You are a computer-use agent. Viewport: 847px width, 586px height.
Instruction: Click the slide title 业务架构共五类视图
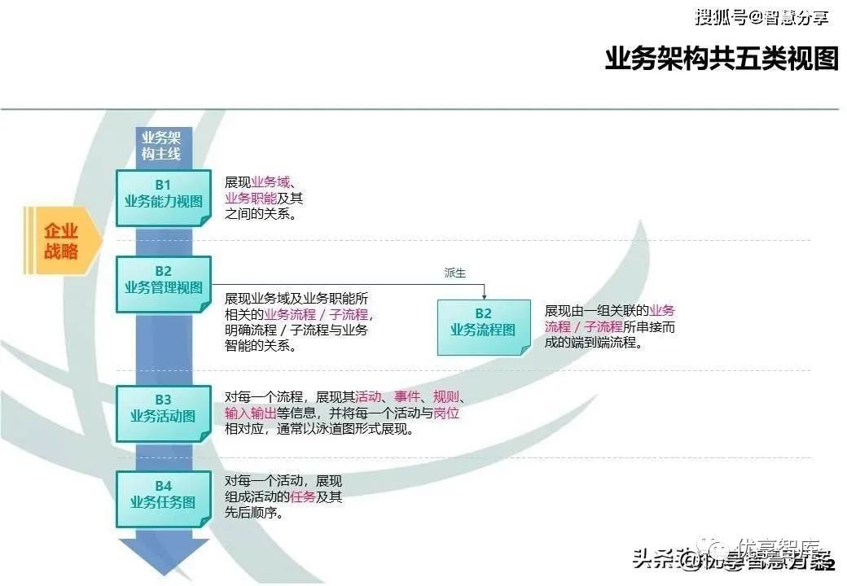click(721, 59)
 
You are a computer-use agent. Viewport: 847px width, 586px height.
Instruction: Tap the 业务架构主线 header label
click(161, 146)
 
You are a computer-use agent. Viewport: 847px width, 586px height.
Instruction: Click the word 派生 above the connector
click(454, 273)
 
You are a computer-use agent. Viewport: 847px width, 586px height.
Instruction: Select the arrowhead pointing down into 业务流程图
click(484, 295)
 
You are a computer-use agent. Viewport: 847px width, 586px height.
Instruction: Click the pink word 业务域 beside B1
click(270, 181)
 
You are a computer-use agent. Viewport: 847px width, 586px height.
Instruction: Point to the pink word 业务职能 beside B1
click(251, 198)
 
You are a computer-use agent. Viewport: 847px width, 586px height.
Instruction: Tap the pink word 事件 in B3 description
click(406, 397)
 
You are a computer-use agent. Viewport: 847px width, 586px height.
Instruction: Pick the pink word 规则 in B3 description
click(445, 397)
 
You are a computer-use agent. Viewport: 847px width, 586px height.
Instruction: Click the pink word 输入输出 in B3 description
click(251, 413)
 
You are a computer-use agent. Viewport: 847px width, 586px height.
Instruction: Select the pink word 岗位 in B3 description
click(446, 413)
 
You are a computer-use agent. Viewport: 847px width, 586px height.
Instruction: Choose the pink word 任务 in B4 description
click(302, 496)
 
